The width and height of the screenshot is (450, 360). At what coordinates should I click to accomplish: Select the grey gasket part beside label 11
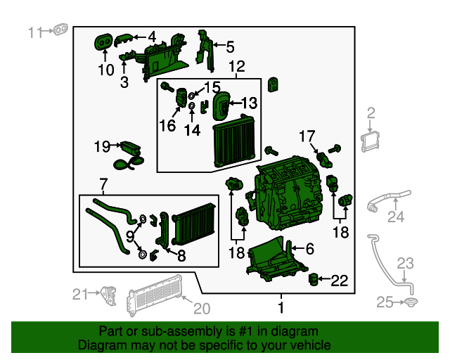(x=61, y=31)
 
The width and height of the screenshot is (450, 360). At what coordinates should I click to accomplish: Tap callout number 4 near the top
(x=152, y=36)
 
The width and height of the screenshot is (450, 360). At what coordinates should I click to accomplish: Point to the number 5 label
(x=230, y=47)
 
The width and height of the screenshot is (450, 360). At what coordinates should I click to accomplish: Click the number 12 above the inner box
(x=236, y=67)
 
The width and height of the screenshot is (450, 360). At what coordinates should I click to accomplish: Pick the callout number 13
(x=250, y=103)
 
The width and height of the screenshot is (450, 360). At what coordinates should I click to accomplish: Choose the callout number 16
(x=167, y=126)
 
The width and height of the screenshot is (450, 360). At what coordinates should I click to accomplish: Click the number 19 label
(x=102, y=146)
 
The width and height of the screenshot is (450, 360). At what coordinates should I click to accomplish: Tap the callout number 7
(x=104, y=186)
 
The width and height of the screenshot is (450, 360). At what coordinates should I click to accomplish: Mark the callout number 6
(x=309, y=247)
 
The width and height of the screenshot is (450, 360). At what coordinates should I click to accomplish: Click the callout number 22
(x=339, y=281)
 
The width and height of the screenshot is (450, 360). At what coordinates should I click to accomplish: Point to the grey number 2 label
(x=371, y=112)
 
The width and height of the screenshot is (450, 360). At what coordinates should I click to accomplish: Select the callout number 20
(x=202, y=308)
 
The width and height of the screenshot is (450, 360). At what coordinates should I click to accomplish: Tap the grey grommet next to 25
(x=409, y=302)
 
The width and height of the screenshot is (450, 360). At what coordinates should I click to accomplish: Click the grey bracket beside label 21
(x=109, y=292)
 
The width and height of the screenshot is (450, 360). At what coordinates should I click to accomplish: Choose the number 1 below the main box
(x=281, y=307)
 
